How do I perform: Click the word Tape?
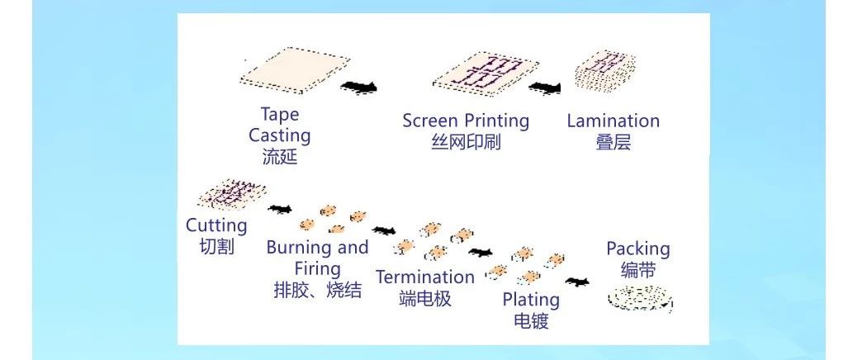(280, 114)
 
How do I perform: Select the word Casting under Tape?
(280, 135)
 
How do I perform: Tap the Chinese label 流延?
(280, 157)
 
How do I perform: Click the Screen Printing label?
(466, 121)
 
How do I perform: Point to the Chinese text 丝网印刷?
(466, 142)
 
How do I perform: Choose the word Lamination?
(613, 121)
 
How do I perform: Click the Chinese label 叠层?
(613, 142)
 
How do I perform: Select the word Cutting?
(216, 225)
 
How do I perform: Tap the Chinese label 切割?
(216, 247)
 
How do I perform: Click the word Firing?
(317, 268)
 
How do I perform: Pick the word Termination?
(425, 277)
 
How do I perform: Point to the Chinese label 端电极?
(425, 298)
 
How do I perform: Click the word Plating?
(531, 300)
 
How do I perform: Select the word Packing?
(638, 249)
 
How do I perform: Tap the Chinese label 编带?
(638, 270)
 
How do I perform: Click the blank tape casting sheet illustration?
(295, 70)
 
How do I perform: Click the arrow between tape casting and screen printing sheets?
(358, 87)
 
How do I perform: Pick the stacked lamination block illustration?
(605, 71)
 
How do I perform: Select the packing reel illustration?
(640, 298)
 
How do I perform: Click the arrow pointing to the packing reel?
(578, 282)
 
